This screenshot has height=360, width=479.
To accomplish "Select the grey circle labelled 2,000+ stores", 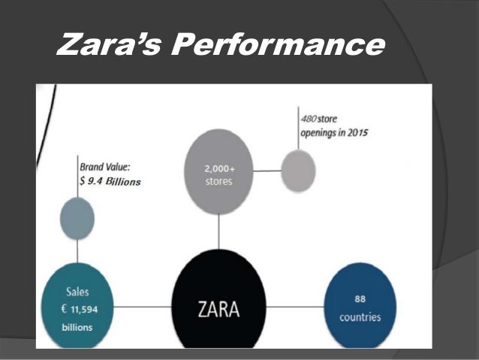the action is [x=218, y=172].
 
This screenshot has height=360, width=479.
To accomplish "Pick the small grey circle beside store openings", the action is [x=298, y=170].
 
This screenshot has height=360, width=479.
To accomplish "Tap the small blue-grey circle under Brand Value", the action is [x=77, y=218].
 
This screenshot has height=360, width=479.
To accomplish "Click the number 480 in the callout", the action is [x=307, y=120].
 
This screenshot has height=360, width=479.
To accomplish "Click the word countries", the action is [x=360, y=316].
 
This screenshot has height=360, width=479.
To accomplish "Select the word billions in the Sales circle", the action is [x=77, y=327].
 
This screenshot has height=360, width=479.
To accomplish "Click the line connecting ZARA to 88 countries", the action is [x=294, y=306].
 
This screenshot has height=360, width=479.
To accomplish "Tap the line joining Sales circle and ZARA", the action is [x=143, y=306].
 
